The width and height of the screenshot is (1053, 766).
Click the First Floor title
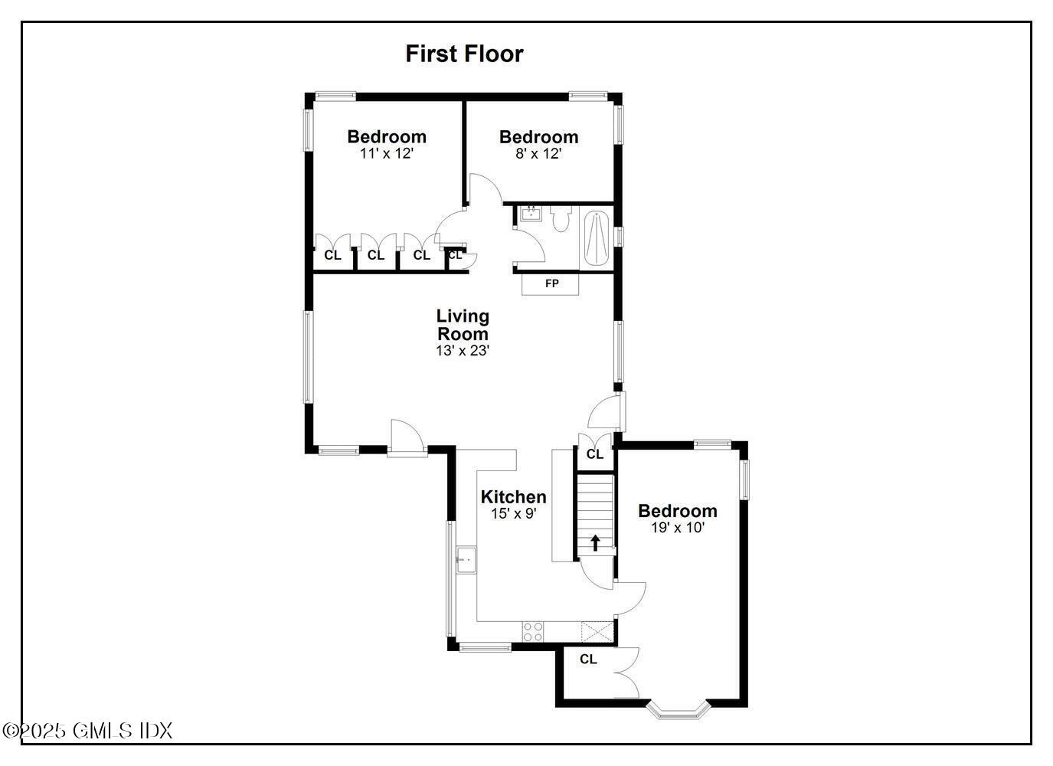coord(464,54)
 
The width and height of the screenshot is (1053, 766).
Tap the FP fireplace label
coord(551,283)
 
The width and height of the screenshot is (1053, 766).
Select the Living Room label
coord(463,325)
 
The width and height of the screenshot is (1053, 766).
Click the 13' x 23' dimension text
coord(463,351)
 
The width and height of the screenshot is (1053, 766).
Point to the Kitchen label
coord(513,496)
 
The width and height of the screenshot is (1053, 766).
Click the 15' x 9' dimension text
coord(513,514)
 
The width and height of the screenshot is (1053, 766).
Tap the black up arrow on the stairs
coord(595,542)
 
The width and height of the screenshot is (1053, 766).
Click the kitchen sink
coord(466,560)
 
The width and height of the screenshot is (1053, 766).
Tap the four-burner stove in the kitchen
coord(533,631)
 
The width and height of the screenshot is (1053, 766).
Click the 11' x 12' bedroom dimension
coord(387,153)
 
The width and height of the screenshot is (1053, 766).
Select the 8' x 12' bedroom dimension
coord(538,153)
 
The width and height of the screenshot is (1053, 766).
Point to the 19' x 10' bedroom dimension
coord(678,528)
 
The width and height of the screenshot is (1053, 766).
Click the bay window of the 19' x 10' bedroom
coord(678,710)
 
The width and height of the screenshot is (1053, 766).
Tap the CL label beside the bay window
coord(588,659)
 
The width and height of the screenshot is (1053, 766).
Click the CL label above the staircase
coord(595,454)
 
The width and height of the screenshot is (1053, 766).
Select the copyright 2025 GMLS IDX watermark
coord(87,731)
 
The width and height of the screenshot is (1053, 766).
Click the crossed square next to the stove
coord(597,631)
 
